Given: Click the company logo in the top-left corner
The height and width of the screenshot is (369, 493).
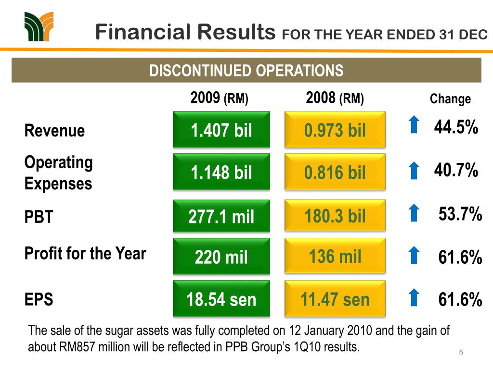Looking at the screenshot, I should [x=38, y=27].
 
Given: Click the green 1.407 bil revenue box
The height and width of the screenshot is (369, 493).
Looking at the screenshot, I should [x=221, y=130].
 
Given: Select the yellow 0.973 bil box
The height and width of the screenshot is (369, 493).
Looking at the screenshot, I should [x=335, y=130].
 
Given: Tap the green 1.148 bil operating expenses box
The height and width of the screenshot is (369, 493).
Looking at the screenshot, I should [x=221, y=172].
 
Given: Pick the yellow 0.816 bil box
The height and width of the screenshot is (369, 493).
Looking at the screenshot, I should [x=335, y=172].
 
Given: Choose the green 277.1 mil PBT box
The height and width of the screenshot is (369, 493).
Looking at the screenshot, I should [x=221, y=217].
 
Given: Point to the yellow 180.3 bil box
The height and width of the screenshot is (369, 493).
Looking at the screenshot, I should [x=335, y=217].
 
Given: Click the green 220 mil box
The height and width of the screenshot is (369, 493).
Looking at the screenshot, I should [x=221, y=257].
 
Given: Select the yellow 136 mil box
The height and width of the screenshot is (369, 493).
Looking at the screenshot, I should [x=335, y=257].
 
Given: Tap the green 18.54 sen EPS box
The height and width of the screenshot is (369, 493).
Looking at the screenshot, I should [x=221, y=299].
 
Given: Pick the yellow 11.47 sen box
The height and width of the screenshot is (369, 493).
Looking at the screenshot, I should [x=335, y=299].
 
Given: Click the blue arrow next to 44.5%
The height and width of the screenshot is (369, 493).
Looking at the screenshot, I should [x=413, y=125].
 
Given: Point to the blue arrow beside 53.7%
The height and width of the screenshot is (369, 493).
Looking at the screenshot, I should [x=413, y=213].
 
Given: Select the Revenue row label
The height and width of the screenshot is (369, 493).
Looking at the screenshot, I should [x=54, y=131].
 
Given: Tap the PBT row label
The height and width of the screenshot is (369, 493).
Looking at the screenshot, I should [x=39, y=217].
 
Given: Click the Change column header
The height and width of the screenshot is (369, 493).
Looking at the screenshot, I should [x=450, y=99].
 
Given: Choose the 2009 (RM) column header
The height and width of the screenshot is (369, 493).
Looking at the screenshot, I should [x=219, y=98].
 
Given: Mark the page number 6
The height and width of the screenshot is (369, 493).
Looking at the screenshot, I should [x=461, y=353].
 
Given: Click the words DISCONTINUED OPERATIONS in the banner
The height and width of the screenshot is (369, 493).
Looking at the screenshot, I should [x=246, y=71].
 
